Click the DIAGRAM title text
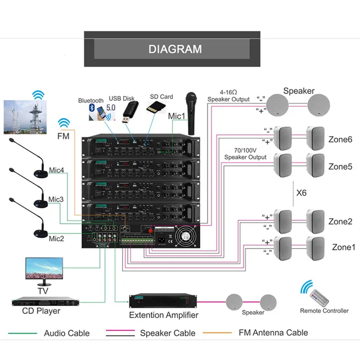(x=175, y=49)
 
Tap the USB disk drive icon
(x=130, y=112)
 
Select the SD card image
(x=156, y=107)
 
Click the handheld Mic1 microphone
(x=191, y=114)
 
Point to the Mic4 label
(x=56, y=170)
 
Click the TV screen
(x=44, y=268)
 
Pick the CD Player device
(x=46, y=301)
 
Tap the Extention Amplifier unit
(x=163, y=300)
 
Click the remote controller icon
(x=319, y=298)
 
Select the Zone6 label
(x=340, y=139)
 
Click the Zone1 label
(x=344, y=247)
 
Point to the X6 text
(x=301, y=192)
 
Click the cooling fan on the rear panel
(x=186, y=236)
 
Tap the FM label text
(x=63, y=136)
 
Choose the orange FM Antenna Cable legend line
(x=217, y=332)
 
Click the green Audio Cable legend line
(x=22, y=333)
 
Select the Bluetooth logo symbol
(x=92, y=107)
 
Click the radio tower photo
(x=25, y=117)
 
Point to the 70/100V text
(x=245, y=150)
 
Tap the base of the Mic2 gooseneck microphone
(x=41, y=234)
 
